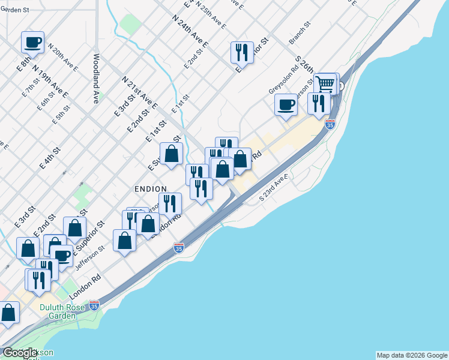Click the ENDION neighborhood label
click(151, 189)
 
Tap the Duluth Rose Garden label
click(62, 311)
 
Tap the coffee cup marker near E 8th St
click(33, 42)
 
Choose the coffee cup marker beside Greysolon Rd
click(286, 104)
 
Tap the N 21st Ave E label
click(139, 92)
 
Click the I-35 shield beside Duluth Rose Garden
click(94, 305)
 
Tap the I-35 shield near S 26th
click(330, 124)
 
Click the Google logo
click(20, 353)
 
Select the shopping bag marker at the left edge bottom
click(8, 312)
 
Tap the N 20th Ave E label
click(63, 58)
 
